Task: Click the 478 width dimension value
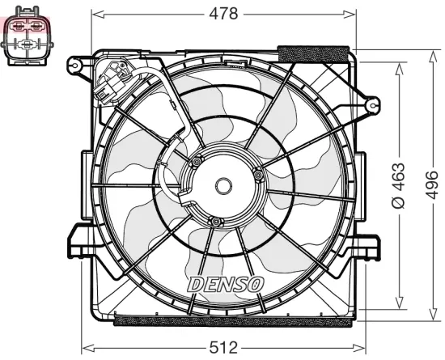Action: [223, 14]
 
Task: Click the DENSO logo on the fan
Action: [225, 284]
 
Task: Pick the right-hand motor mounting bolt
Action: [257, 172]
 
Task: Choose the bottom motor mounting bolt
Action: [214, 221]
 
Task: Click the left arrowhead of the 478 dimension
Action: [95, 14]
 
